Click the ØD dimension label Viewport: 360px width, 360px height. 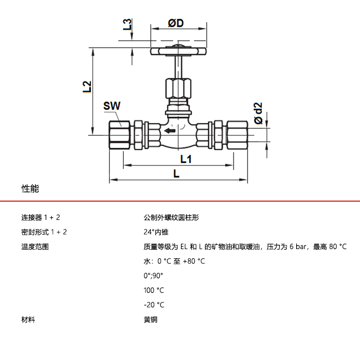(176, 24)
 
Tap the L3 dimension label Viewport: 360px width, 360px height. (127, 25)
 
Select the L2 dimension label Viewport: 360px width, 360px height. (87, 86)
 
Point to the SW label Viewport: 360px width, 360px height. (112, 106)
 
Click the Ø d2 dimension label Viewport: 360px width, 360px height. (258, 113)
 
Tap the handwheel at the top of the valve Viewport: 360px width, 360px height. (178, 50)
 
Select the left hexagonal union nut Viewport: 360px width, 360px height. (120, 133)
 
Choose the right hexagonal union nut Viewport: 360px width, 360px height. (237, 133)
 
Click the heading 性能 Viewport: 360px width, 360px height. (30, 189)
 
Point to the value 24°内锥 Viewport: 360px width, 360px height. (156, 232)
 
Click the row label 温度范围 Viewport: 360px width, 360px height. (35, 247)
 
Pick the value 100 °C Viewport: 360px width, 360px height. (154, 290)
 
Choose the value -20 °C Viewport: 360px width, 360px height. (154, 305)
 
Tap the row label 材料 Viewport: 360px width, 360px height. (28, 319)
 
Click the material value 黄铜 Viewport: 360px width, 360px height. (150, 319)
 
